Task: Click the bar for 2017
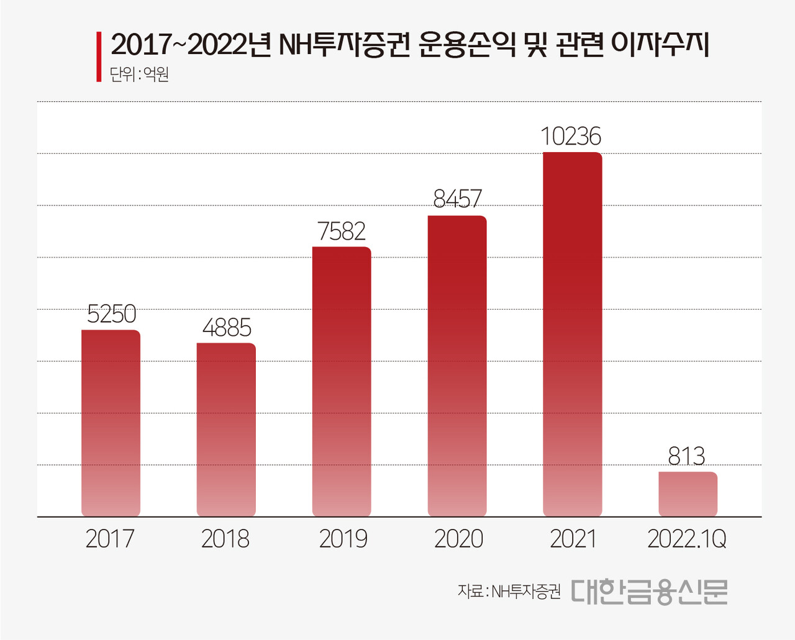point(111,423)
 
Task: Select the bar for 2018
point(226,430)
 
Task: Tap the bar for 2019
point(342,381)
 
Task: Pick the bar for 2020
point(457,366)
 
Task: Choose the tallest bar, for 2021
point(572,334)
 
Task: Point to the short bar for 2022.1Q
point(688,494)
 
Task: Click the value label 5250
point(111,315)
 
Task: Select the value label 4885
point(227,328)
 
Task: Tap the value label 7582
point(342,232)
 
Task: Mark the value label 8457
point(457,199)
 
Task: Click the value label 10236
point(571,137)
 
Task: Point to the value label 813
point(686,456)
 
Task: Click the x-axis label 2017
point(110,539)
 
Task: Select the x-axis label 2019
point(343,539)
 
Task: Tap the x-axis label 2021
point(573,539)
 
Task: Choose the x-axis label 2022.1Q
point(687,539)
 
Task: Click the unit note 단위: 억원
point(139,75)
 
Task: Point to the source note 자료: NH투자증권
point(509,591)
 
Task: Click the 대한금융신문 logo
point(649,592)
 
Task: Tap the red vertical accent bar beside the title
point(99,56)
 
